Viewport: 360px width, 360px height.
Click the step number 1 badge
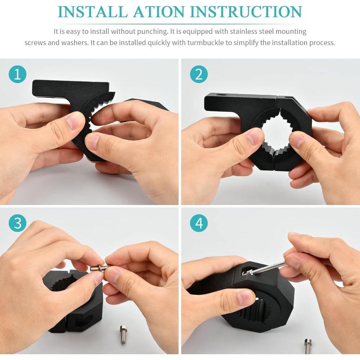click(x=17, y=74)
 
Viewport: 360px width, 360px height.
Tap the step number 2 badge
click(x=199, y=74)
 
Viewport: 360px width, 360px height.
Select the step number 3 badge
click(x=17, y=223)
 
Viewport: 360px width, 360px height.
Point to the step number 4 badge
click(x=199, y=223)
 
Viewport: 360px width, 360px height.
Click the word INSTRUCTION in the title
click(x=246, y=12)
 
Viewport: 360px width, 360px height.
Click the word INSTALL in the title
click(x=93, y=12)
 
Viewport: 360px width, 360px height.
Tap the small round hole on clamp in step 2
click(x=221, y=95)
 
